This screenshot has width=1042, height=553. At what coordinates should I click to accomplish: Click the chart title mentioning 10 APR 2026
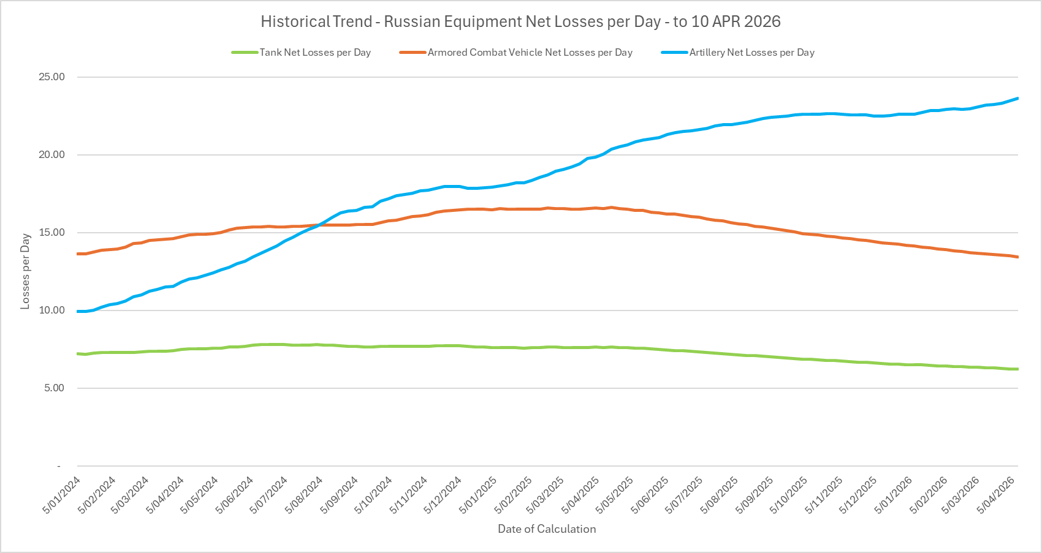pos(520,21)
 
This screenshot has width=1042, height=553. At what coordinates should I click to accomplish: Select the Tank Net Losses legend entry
pos(314,53)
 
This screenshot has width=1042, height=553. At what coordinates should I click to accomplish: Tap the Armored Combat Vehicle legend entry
pos(530,53)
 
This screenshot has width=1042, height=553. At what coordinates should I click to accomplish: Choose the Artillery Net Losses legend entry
pos(751,53)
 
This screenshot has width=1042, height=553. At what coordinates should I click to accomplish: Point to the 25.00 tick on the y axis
pos(52,77)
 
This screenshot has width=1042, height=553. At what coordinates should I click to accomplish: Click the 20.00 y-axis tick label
pos(52,155)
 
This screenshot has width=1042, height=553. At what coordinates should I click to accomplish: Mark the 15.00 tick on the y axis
pos(52,233)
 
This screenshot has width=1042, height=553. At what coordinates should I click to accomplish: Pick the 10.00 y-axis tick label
pos(52,310)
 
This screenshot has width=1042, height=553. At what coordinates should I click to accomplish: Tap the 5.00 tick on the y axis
pos(54,388)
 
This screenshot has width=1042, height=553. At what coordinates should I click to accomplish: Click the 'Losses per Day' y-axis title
pos(25,271)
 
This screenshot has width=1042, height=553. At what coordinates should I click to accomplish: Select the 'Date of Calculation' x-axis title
pos(547,529)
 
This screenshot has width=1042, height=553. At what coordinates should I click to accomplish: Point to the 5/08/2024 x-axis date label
pos(305,495)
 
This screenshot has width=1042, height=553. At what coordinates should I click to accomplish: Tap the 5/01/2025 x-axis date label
pos(478,495)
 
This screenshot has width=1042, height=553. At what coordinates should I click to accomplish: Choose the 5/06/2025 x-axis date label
pos(651,495)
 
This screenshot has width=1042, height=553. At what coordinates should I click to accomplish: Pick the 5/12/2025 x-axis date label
pos(859,495)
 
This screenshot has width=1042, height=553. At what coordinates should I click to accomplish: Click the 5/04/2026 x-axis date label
pos(997,495)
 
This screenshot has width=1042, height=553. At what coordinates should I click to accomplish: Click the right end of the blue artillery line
pos(1017,98)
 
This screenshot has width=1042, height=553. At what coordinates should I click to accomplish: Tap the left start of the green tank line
pos(78,353)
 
